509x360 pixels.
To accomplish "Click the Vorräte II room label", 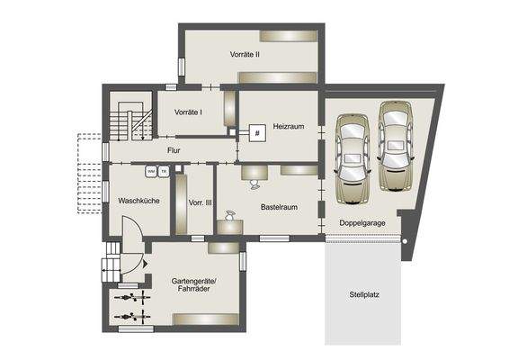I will [245, 55].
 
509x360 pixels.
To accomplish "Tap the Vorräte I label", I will [186, 112].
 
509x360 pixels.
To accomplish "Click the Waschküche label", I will [138, 201].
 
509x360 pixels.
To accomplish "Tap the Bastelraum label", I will [279, 207].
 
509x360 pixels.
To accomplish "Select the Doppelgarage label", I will [363, 222].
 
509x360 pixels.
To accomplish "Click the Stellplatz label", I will [364, 294].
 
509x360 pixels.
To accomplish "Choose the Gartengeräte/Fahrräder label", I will [193, 286].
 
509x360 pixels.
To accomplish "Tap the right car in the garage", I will [395, 146].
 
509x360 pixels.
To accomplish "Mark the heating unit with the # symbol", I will [256, 134].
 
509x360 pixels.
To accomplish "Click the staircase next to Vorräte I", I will [129, 121].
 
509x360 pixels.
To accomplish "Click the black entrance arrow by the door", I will [141, 265].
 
